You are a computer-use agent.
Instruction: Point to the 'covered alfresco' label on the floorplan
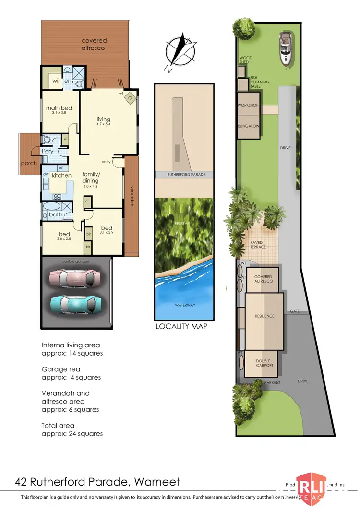[x=93, y=44]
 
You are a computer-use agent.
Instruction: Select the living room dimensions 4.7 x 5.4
[x=103, y=125]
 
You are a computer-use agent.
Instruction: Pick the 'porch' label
[x=28, y=163]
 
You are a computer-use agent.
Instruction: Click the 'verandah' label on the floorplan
[x=131, y=197]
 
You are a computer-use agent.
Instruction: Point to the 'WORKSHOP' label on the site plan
[x=248, y=106]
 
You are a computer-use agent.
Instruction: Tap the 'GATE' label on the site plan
[x=295, y=311]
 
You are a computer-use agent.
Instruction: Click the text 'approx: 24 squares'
[x=72, y=433]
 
